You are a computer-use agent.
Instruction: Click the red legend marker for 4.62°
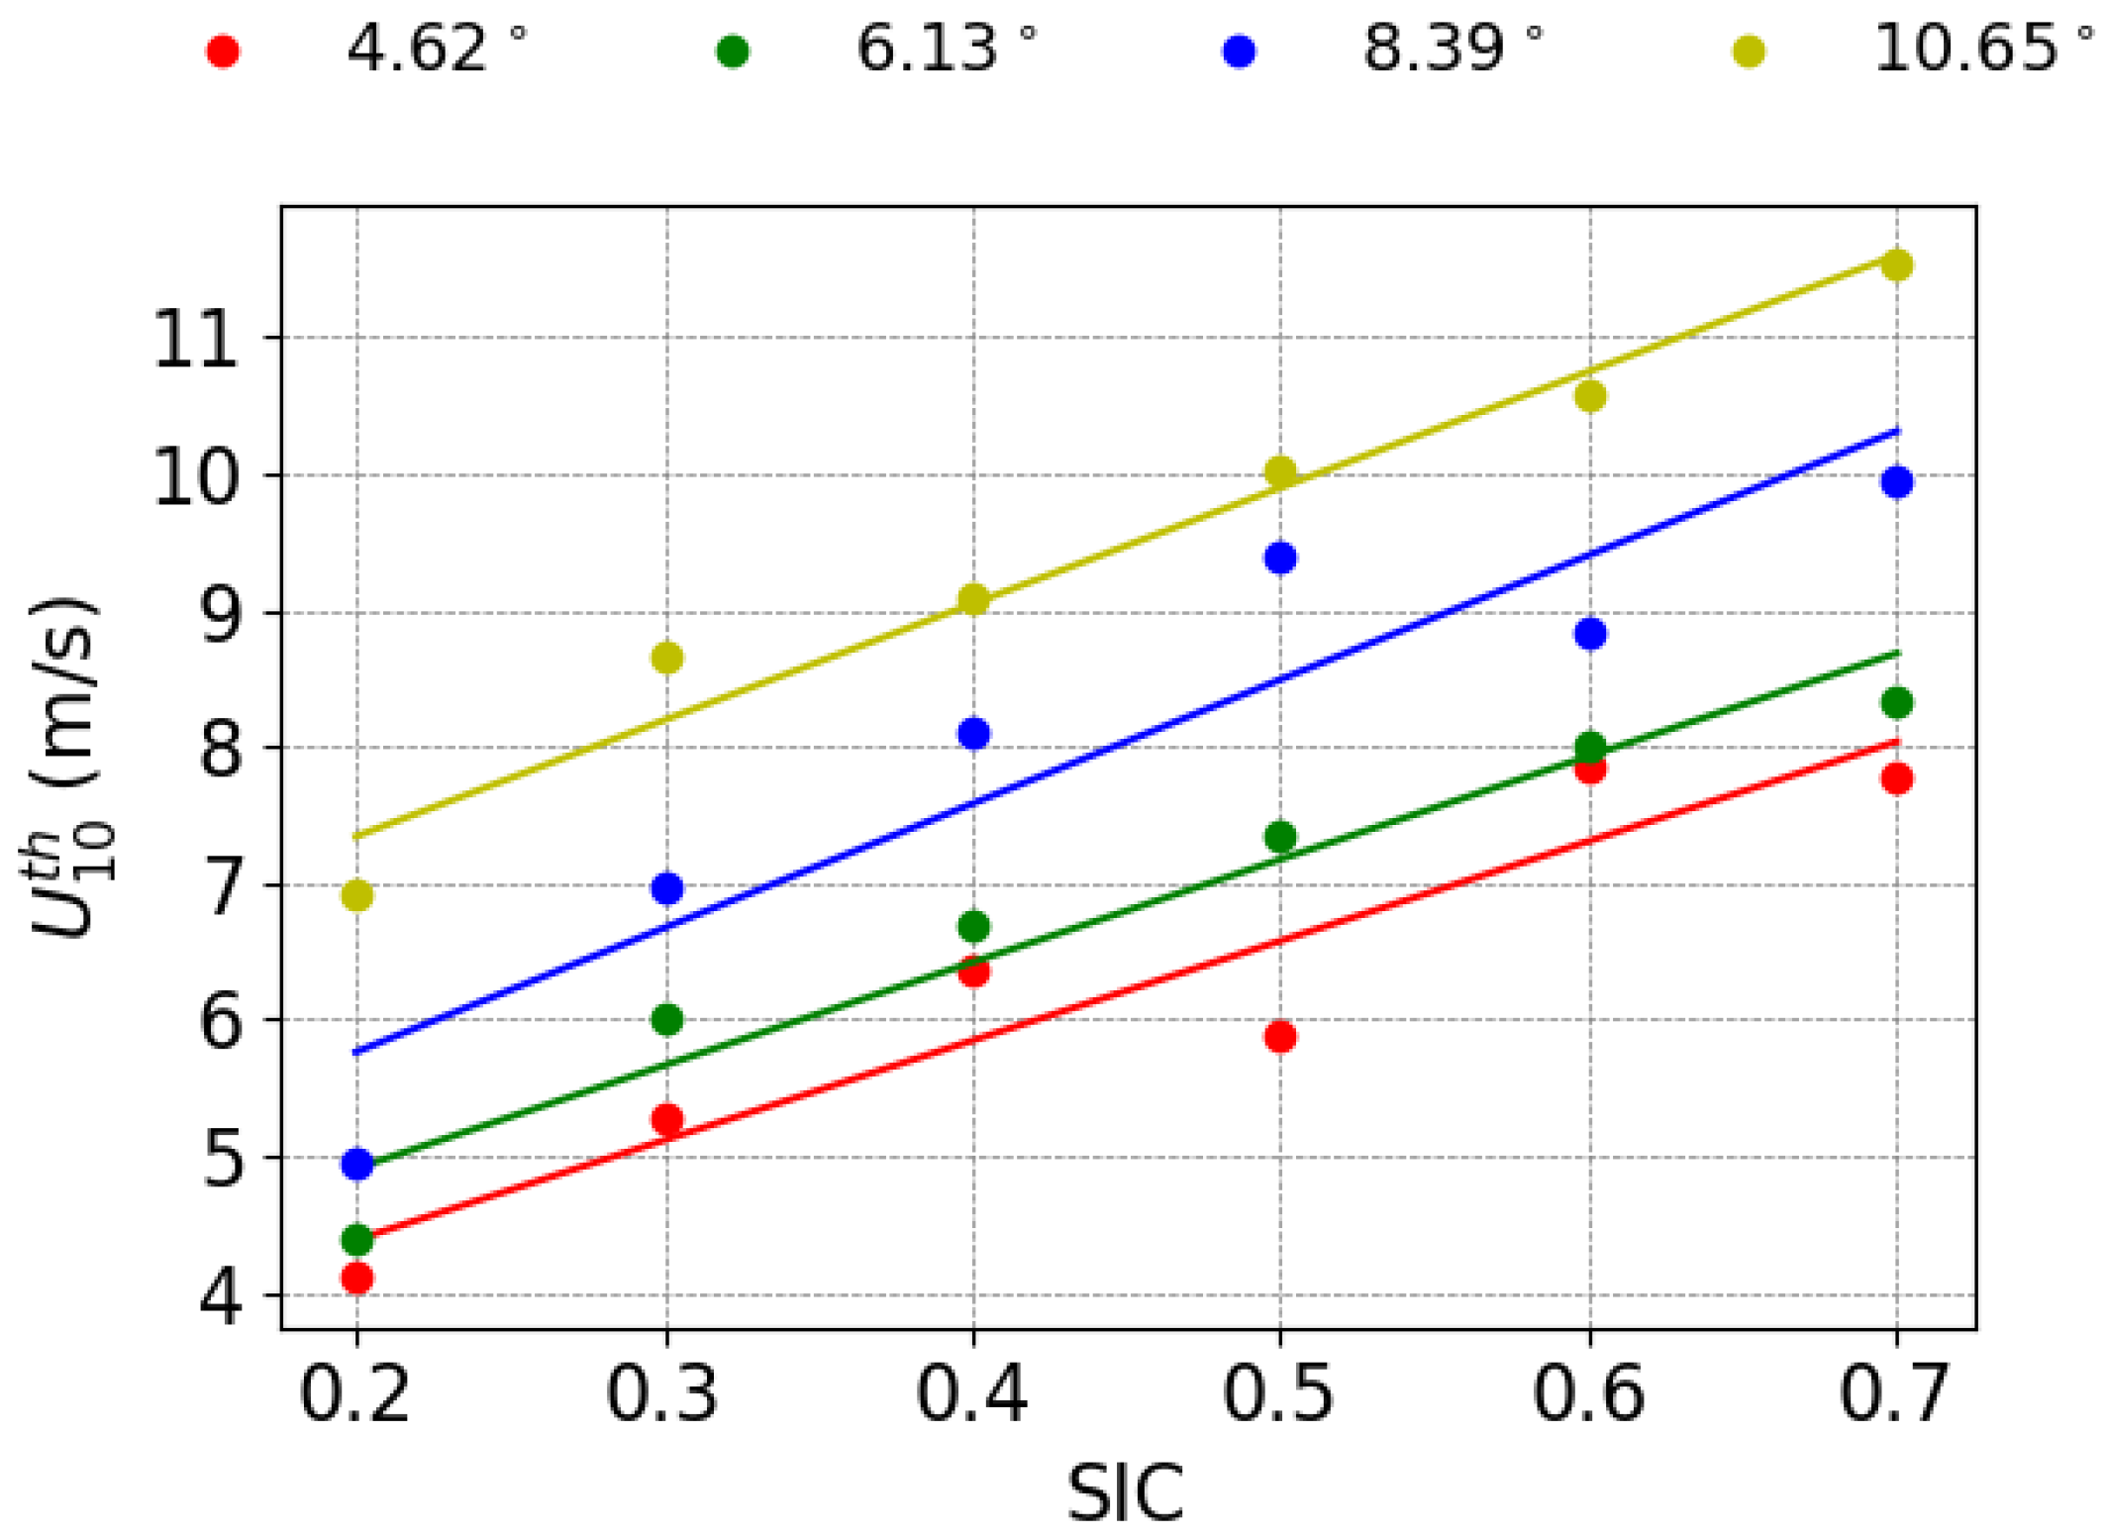[x=223, y=51]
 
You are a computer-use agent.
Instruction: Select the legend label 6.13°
[x=945, y=49]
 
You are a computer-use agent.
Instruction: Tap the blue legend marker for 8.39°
[x=1239, y=51]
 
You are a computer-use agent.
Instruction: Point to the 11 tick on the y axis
[x=196, y=343]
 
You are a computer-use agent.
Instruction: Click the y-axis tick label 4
[x=221, y=1299]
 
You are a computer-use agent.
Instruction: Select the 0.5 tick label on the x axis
[x=1278, y=1395]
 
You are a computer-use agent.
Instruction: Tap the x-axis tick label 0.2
[x=354, y=1395]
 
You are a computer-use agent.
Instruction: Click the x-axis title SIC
[x=1125, y=1493]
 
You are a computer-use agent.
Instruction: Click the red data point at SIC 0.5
[x=1280, y=1037]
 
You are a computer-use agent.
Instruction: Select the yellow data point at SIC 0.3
[x=667, y=657]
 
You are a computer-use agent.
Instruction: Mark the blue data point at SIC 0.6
[x=1590, y=634]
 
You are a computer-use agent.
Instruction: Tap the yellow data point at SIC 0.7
[x=1897, y=265]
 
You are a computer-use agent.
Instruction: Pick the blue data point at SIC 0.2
[x=357, y=1164]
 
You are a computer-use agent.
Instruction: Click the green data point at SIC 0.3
[x=667, y=1019]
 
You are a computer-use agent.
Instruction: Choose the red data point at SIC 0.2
[x=357, y=1279]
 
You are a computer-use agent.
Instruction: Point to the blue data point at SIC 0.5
[x=1280, y=558]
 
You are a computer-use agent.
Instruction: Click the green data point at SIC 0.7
[x=1897, y=703]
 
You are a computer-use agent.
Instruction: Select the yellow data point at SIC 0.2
[x=357, y=895]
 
